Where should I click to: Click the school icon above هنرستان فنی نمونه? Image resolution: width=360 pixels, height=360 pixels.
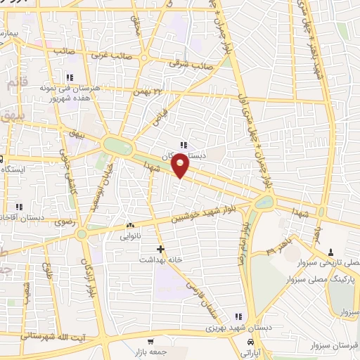click(69, 77)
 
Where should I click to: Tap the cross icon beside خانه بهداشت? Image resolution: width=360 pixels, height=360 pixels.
click(161, 248)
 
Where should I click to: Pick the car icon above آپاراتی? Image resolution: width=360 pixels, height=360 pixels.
click(250, 341)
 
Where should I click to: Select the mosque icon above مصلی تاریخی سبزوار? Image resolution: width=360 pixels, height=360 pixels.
click(330, 252)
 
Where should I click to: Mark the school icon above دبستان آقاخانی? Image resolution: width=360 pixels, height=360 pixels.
click(18, 207)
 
